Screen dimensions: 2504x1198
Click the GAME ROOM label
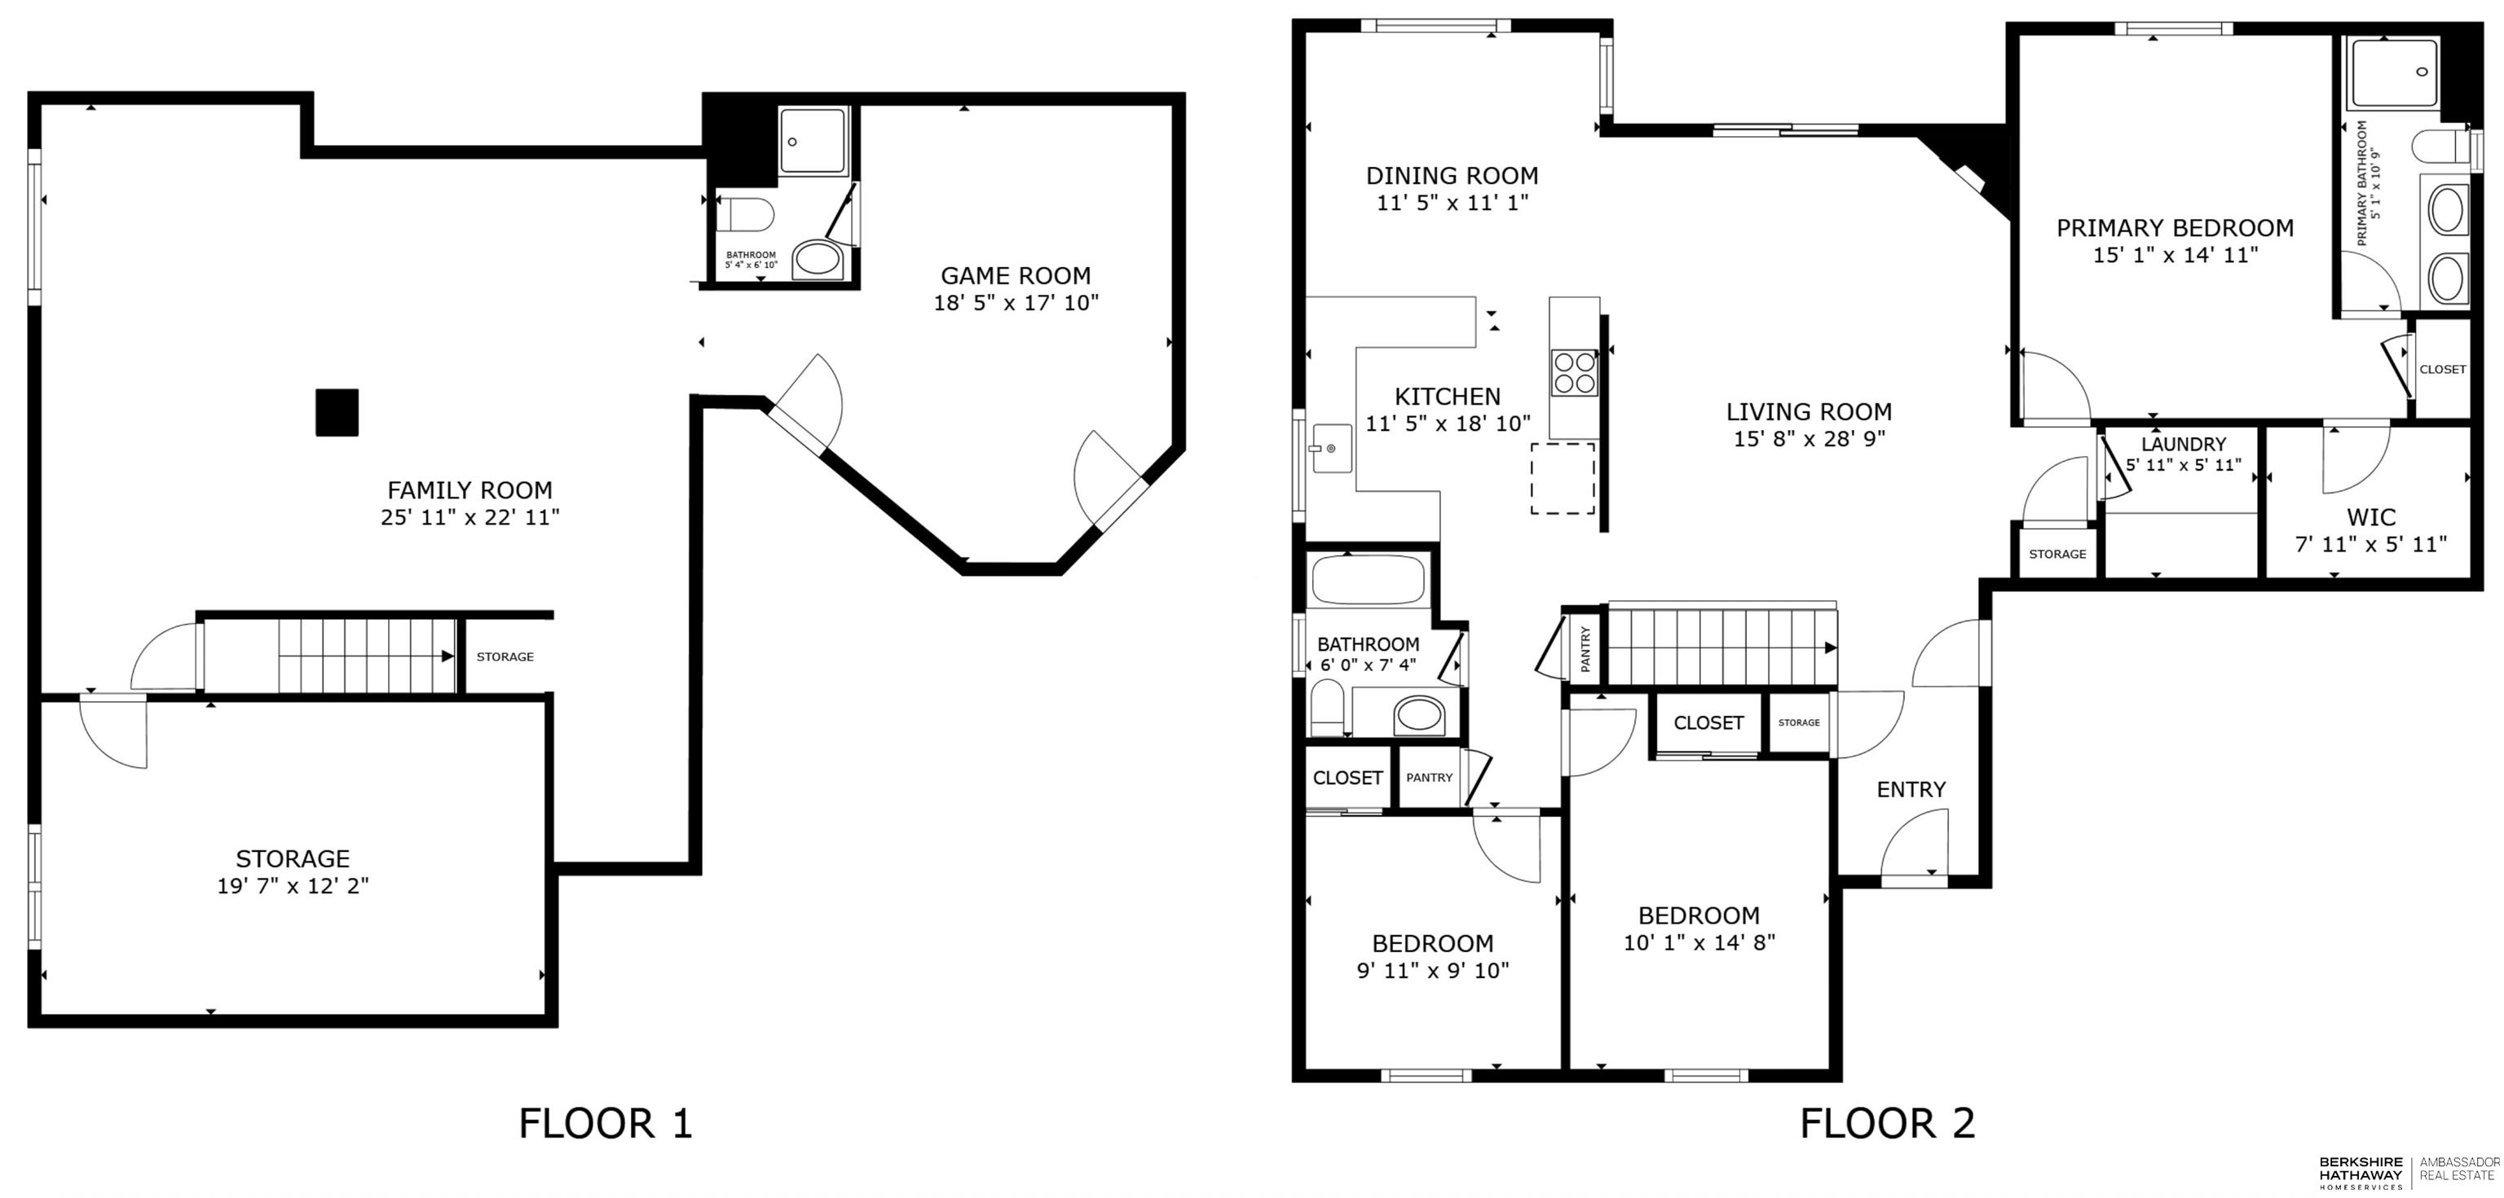click(x=1016, y=276)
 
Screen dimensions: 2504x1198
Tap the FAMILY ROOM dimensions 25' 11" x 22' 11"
click(x=470, y=517)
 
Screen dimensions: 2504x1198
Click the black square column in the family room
click(x=337, y=413)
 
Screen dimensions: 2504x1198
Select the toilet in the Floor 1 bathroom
click(x=746, y=213)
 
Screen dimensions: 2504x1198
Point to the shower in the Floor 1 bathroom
click(x=813, y=141)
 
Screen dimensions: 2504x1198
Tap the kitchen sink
click(x=1332, y=448)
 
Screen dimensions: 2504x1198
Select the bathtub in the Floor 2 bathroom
click(x=1368, y=580)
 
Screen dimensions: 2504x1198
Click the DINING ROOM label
click(x=1453, y=176)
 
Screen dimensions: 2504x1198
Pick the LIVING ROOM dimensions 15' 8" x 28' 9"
click(x=1809, y=438)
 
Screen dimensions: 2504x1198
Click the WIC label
click(x=2371, y=517)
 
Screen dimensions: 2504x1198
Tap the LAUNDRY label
click(x=2183, y=444)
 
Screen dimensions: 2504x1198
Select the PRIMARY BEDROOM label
click(x=2175, y=228)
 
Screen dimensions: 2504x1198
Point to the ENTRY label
click(x=1911, y=790)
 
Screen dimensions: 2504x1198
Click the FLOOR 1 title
click(x=606, y=1123)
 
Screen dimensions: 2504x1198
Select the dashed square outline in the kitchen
click(x=1563, y=478)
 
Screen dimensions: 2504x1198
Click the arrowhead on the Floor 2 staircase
click(x=1831, y=648)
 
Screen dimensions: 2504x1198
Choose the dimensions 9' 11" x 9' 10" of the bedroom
click(x=1433, y=971)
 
